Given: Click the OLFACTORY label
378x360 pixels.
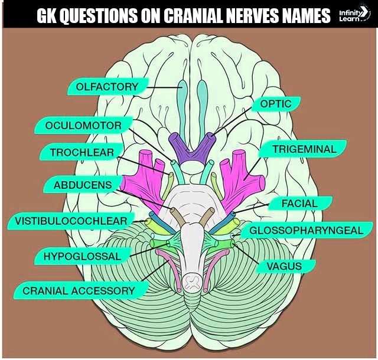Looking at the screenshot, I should tap(107, 87).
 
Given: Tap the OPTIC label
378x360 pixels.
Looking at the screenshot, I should tap(275, 104).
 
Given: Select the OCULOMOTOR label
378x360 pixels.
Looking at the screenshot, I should tap(83, 126).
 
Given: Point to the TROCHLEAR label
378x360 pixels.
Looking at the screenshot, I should tap(82, 153).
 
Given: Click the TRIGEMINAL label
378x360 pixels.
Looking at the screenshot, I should tap(304, 149).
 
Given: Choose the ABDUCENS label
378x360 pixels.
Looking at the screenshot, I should tap(82, 185).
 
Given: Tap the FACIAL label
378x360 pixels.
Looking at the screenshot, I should tap(300, 204).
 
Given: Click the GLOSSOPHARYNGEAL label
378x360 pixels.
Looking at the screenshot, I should tap(306, 230).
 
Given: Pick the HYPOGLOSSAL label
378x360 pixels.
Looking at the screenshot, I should tap(82, 256).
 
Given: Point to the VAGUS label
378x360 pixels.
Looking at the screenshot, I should tap(283, 266).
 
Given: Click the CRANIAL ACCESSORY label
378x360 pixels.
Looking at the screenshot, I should tap(78, 290).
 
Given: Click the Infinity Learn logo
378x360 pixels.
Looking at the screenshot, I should tap(354, 15).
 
